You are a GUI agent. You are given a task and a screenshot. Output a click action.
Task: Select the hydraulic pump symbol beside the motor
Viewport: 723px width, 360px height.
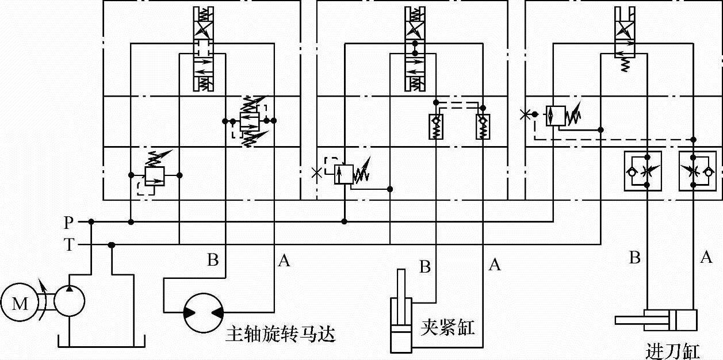[x=70, y=301]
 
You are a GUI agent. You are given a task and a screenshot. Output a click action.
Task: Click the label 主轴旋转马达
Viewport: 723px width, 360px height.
[x=281, y=334]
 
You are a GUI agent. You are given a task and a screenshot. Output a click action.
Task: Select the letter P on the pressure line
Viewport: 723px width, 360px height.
[x=69, y=221]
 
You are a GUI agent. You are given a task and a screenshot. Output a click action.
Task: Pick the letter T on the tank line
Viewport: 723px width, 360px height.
[x=69, y=245]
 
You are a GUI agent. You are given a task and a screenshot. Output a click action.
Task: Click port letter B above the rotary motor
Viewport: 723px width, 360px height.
[x=213, y=261]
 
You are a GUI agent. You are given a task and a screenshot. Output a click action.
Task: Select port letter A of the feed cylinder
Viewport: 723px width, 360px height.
[x=706, y=257]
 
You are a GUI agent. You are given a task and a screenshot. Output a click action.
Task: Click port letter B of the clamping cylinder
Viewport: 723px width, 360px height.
[x=425, y=267]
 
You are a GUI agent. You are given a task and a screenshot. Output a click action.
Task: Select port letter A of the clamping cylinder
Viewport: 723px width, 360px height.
[x=494, y=265]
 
